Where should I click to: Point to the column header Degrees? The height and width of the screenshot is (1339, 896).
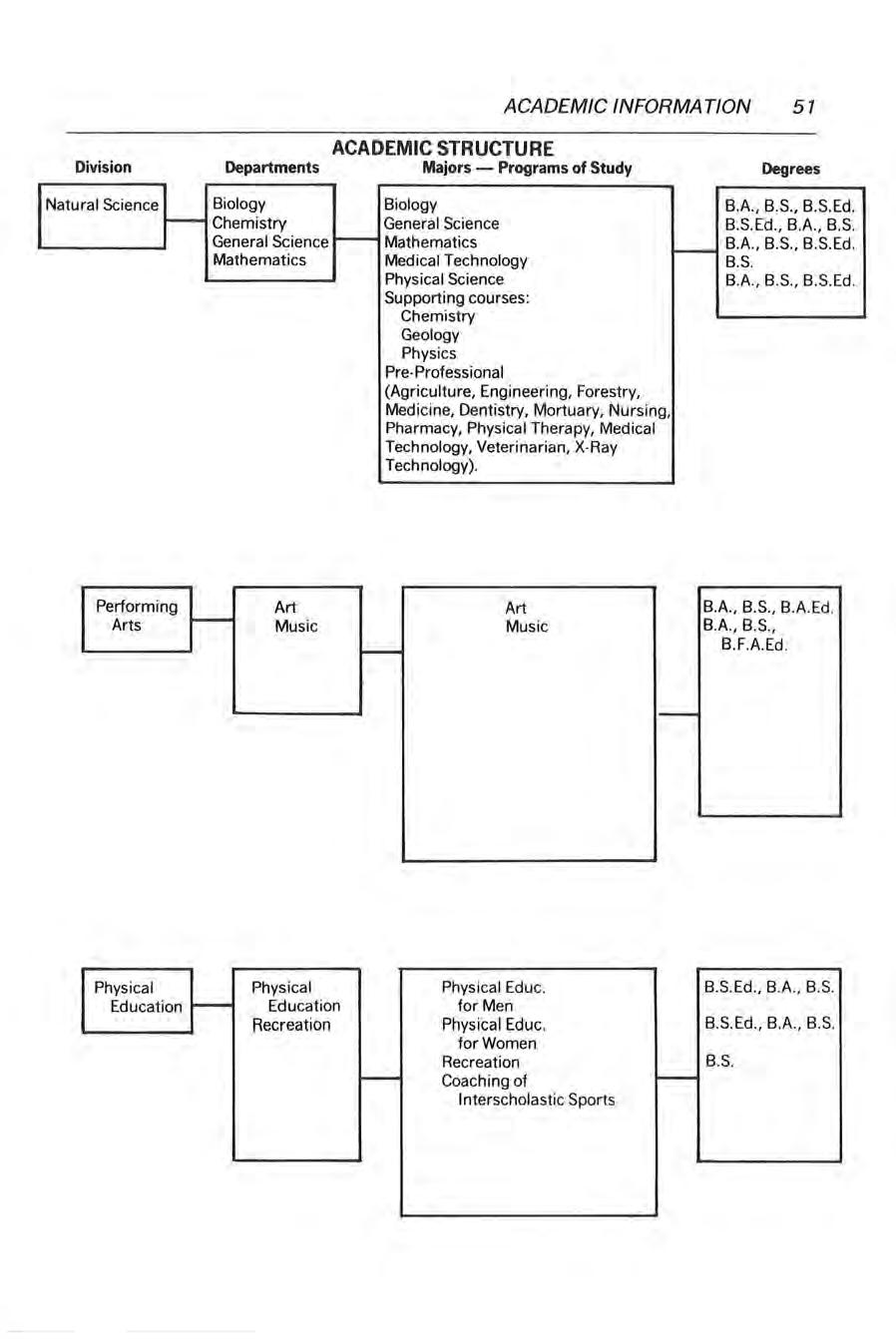pyautogui.click(x=790, y=169)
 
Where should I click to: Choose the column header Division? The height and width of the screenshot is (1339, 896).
pyautogui.click(x=103, y=168)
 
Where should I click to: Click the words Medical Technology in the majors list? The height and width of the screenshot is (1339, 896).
pyautogui.click(x=456, y=260)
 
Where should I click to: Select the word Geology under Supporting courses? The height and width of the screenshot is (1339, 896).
pyautogui.click(x=430, y=335)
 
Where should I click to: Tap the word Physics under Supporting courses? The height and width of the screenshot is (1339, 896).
pyautogui.click(x=428, y=353)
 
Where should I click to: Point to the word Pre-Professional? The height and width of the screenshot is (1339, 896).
pyautogui.click(x=444, y=372)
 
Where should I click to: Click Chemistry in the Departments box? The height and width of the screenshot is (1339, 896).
pyautogui.click(x=249, y=223)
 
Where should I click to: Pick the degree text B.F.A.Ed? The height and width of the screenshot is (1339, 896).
pyautogui.click(x=754, y=645)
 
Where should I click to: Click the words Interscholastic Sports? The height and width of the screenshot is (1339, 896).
pyautogui.click(x=536, y=1100)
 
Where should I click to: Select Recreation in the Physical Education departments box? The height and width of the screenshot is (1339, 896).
pyautogui.click(x=290, y=1025)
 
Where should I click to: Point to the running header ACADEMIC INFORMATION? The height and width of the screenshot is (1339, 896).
pyautogui.click(x=628, y=106)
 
